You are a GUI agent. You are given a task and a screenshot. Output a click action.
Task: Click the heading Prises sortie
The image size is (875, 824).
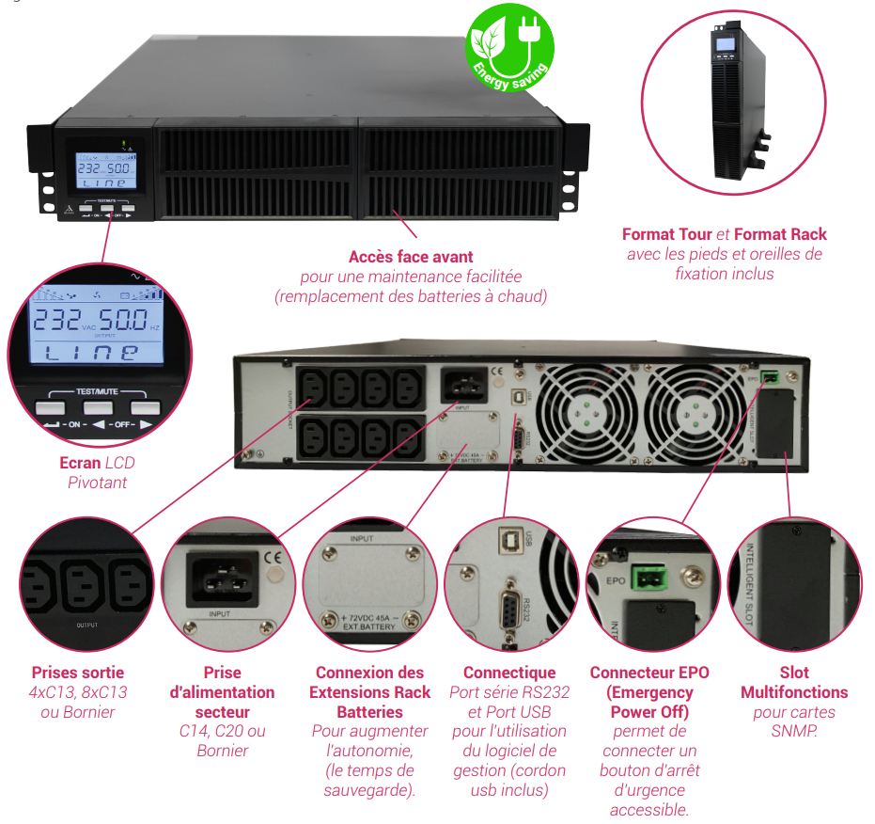pos(78,673)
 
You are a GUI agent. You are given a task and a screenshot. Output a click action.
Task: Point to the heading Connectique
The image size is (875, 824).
pos(509,673)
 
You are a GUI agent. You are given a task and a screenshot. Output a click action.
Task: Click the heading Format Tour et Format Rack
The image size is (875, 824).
pos(725,234)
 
